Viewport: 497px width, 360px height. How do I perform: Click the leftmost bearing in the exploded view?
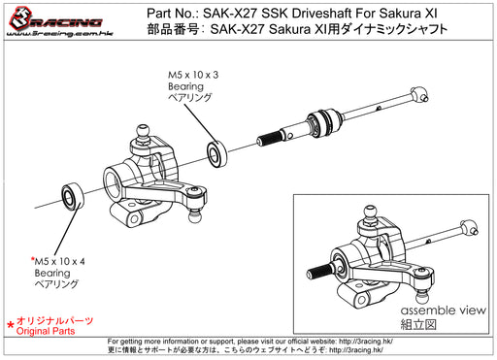pyautogui.click(x=73, y=195)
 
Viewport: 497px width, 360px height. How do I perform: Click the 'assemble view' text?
pyautogui.click(x=436, y=311)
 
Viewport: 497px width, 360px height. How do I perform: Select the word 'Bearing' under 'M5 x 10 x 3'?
pyautogui.click(x=182, y=86)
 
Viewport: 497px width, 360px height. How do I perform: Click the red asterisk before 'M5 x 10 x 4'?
pyautogui.click(x=33, y=260)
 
